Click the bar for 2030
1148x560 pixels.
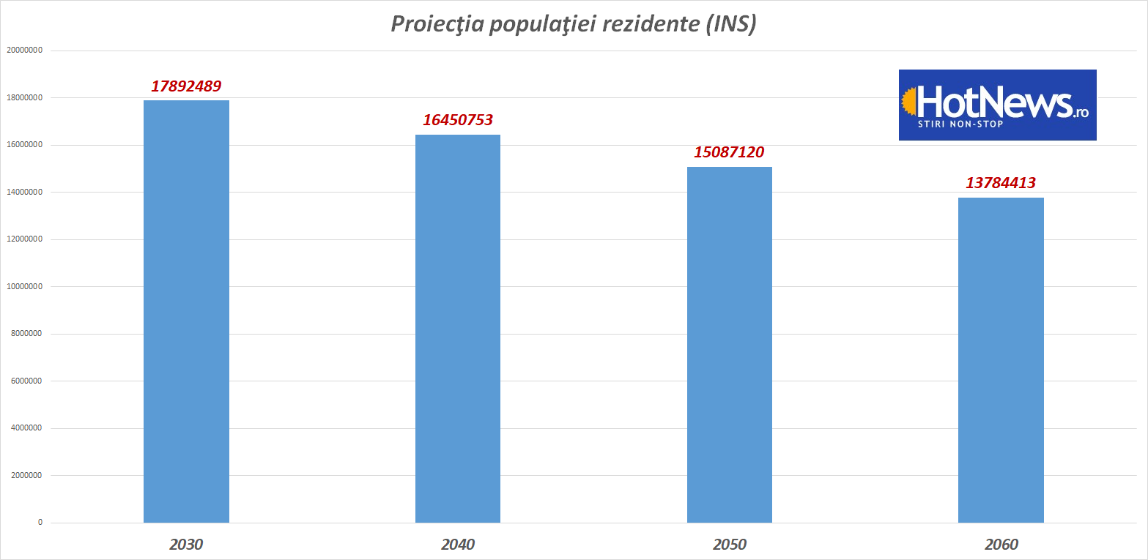point(186,311)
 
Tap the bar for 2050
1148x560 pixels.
point(729,344)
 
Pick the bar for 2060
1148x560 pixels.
point(1001,359)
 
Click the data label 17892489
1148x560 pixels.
point(186,86)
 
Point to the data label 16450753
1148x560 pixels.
point(458,120)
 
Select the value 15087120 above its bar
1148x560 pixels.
point(729,152)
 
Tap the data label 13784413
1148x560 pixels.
point(1001,183)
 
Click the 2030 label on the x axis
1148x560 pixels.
point(186,545)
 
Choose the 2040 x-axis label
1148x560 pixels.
point(458,545)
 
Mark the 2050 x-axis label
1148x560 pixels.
point(729,545)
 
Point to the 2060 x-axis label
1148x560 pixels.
point(1001,545)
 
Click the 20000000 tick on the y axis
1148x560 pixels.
point(24,51)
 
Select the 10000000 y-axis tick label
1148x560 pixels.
point(24,287)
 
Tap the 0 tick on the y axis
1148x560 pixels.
point(40,523)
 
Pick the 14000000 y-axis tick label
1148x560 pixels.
point(24,193)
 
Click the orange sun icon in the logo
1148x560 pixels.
point(908,102)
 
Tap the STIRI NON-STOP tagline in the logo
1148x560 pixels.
point(960,124)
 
